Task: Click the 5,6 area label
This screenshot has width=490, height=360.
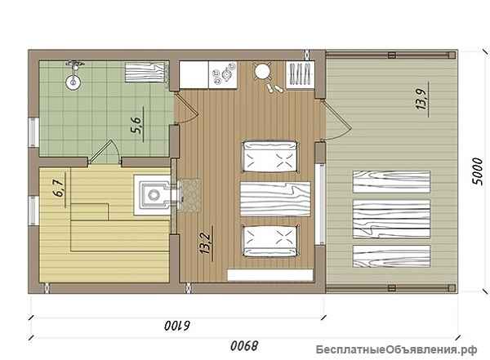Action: pyautogui.click(x=137, y=125)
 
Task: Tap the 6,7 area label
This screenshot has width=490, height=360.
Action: pyautogui.click(x=60, y=189)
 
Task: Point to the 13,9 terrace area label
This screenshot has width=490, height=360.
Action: pyautogui.click(x=422, y=99)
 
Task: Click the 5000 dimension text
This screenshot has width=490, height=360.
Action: pyautogui.click(x=478, y=171)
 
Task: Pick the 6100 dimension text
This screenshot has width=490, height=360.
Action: pyautogui.click(x=177, y=326)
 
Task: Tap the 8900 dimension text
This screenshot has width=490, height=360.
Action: pyautogui.click(x=245, y=345)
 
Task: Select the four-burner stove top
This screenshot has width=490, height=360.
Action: pyautogui.click(x=223, y=74)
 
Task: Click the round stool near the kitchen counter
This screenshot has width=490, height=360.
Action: pyautogui.click(x=262, y=72)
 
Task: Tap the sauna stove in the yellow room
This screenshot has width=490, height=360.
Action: pyautogui.click(x=154, y=195)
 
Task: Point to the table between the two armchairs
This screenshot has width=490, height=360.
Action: pyautogui.click(x=275, y=199)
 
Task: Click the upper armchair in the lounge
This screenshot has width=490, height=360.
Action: pyautogui.click(x=270, y=157)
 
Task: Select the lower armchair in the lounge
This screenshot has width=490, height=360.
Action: pyautogui.click(x=270, y=241)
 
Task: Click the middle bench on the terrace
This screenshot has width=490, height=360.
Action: pyautogui.click(x=391, y=219)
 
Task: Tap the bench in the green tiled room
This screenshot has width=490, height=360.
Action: pyautogui.click(x=145, y=73)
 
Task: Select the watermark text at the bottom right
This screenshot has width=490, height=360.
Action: pyautogui.click(x=396, y=349)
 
